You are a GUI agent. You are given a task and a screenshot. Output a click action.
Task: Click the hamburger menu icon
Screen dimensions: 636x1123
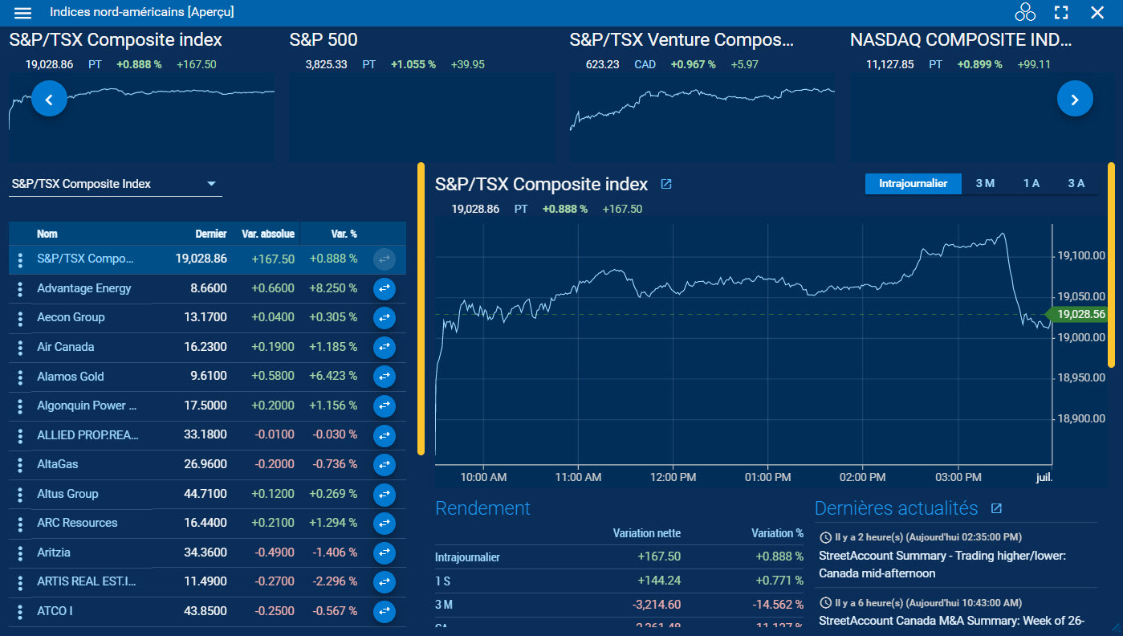(23, 13)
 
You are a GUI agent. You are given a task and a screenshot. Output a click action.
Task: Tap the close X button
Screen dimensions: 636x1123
(1097, 13)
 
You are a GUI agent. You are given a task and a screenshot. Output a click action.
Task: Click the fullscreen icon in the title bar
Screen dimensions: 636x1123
(1061, 13)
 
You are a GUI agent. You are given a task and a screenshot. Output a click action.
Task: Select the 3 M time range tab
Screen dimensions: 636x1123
(985, 184)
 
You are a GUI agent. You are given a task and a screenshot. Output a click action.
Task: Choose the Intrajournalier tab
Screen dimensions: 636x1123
(913, 184)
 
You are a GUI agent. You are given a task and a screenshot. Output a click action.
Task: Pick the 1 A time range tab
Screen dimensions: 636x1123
(1031, 184)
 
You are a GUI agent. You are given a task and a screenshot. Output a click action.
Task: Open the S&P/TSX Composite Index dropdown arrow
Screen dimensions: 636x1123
(212, 184)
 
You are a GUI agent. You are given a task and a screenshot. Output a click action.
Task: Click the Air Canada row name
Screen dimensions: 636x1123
(66, 347)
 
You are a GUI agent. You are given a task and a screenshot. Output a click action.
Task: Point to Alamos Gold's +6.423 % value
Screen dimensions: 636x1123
(333, 376)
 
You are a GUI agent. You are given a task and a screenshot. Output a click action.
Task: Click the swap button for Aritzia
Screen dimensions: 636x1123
(385, 552)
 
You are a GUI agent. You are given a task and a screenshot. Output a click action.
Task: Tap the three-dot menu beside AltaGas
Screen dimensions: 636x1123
(20, 465)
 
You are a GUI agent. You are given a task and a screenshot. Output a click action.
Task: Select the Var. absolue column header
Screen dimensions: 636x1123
(268, 234)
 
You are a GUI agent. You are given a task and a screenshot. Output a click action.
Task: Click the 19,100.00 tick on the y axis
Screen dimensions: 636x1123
(1080, 256)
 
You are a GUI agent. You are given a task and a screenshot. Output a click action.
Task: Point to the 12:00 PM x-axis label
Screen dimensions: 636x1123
(673, 477)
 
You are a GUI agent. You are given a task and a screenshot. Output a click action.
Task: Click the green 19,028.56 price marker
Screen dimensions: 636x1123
(1080, 315)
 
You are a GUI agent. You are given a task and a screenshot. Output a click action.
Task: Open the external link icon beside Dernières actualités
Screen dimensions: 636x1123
(996, 508)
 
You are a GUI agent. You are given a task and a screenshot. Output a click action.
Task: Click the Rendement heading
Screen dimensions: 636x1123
(482, 508)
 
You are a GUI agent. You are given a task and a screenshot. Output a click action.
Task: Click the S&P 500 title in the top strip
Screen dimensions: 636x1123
(323, 40)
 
